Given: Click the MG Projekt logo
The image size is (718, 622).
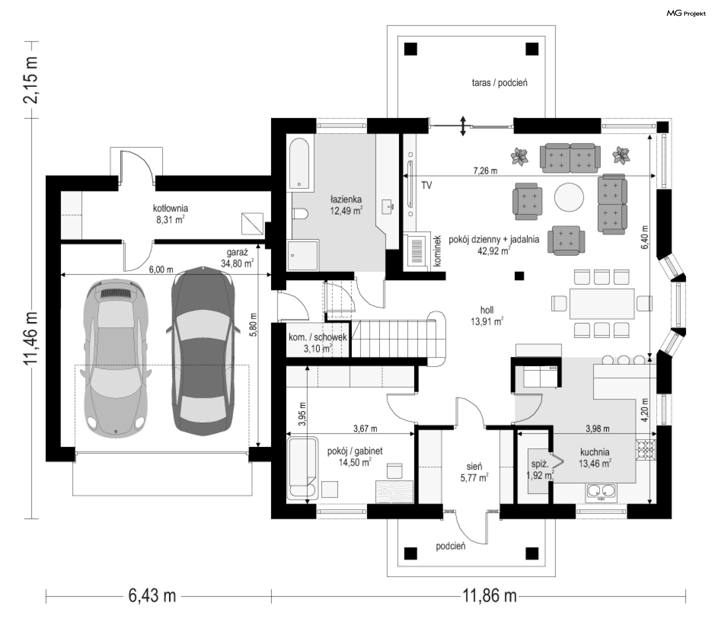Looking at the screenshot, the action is [686, 13].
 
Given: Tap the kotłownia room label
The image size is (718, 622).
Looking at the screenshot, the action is [171, 208].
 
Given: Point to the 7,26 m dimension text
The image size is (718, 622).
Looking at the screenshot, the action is [485, 171].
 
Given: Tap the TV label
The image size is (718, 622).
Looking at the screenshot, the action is [426, 185].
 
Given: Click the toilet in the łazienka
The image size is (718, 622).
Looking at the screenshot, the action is [300, 214].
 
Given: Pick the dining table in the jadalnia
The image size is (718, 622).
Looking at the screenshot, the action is [602, 303].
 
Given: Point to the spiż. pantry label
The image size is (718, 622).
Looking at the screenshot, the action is [540, 464].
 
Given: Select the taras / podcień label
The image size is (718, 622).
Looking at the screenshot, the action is [500, 83].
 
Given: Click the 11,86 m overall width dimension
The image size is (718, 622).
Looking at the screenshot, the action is [490, 595].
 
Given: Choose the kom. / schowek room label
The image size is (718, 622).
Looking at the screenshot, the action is [318, 337].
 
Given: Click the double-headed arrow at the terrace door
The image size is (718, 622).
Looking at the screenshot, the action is [463, 126].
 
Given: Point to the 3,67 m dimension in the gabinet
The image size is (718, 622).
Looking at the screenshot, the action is [365, 429].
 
